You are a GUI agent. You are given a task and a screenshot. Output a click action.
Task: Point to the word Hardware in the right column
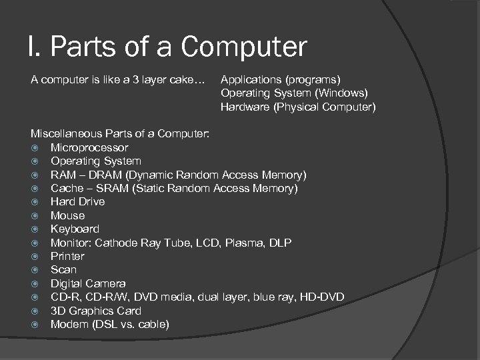tap(245, 107)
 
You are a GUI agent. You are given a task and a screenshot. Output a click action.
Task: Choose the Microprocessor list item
tap(89, 147)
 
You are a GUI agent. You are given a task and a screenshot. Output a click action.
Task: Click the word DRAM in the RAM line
tap(108, 175)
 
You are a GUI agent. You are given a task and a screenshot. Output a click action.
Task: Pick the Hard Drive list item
tap(77, 202)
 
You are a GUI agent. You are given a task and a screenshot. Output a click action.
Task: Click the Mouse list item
tap(67, 215)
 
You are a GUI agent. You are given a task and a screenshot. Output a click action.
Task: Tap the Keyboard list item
tap(75, 229)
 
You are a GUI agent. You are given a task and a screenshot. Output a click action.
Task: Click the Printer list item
tap(67, 256)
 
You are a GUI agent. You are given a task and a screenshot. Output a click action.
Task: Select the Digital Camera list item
tap(88, 283)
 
